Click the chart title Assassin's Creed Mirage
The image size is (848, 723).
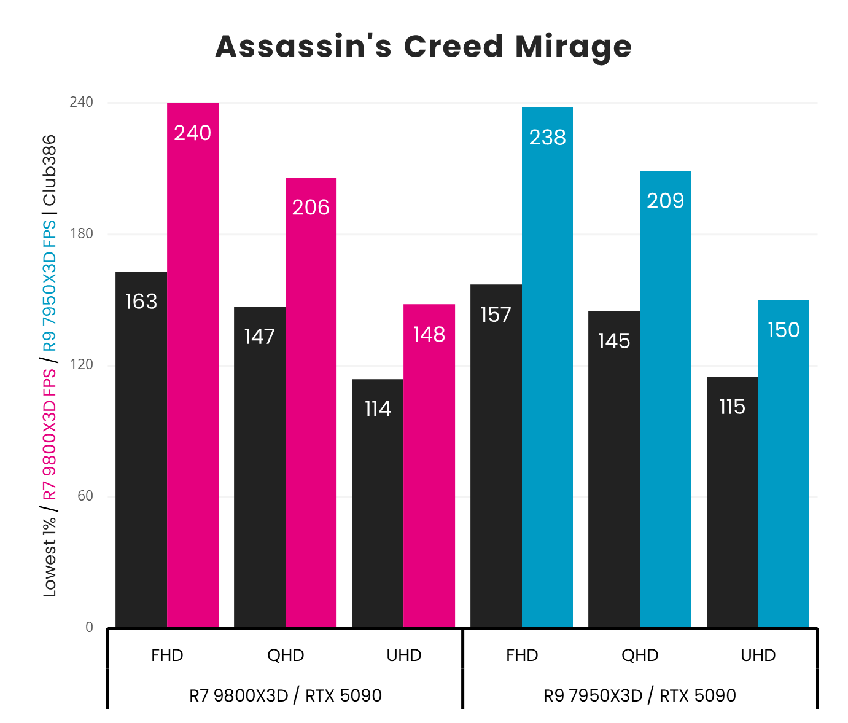pyautogui.click(x=423, y=47)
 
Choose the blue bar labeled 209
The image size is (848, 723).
pyautogui.click(x=666, y=399)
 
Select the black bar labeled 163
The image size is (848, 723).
pyautogui.click(x=141, y=449)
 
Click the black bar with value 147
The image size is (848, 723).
pyautogui.click(x=259, y=466)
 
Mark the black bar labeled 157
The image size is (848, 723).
pyautogui.click(x=496, y=455)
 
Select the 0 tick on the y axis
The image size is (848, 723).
pyautogui.click(x=89, y=627)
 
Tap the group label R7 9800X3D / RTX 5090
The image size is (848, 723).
pyautogui.click(x=286, y=695)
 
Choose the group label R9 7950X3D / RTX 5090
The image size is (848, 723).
pyautogui.click(x=640, y=695)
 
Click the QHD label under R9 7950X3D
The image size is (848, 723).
pyautogui.click(x=640, y=655)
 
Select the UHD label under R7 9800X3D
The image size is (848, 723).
pyautogui.click(x=404, y=655)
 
